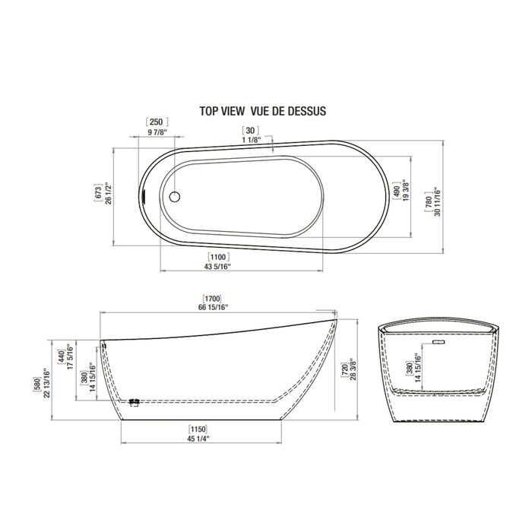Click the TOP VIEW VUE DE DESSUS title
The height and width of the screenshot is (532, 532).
(263, 111)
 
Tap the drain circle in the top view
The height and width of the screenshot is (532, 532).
(175, 197)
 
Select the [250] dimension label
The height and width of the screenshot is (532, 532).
(157, 122)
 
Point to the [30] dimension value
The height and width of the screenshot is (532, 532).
(250, 130)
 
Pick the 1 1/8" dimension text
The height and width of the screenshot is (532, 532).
(252, 140)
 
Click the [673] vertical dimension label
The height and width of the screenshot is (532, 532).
(98, 193)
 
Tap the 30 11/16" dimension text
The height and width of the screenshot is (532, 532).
(437, 201)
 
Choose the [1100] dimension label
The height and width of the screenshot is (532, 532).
(218, 257)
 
